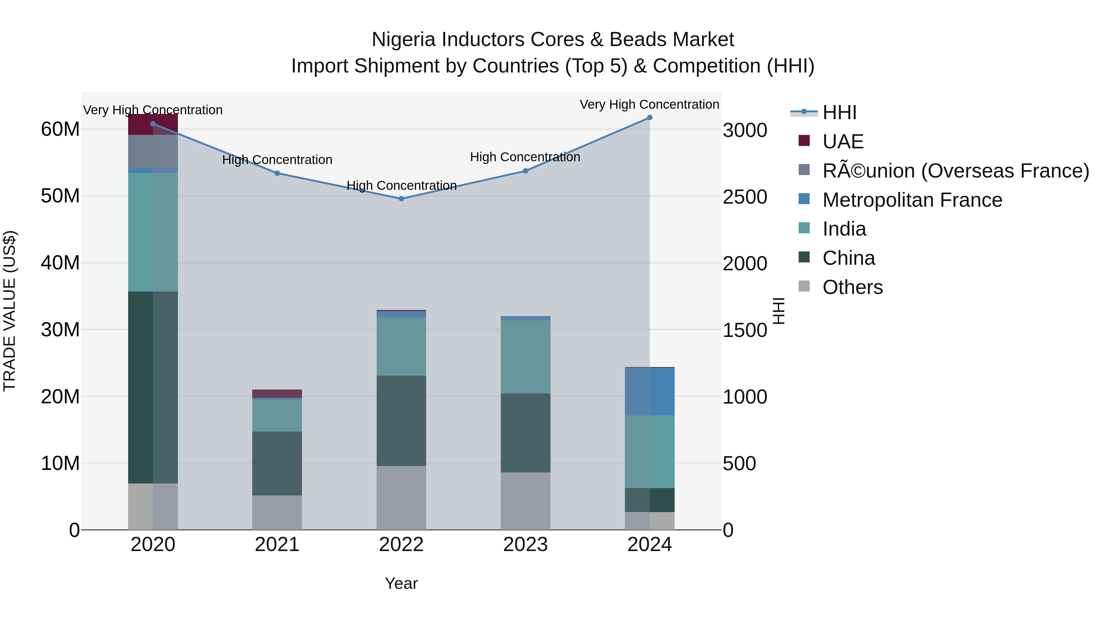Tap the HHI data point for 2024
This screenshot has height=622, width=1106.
coord(649,118)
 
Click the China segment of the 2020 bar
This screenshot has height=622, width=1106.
coord(153,387)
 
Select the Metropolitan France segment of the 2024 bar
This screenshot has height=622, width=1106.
coord(649,392)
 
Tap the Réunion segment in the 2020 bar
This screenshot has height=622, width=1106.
coord(153,151)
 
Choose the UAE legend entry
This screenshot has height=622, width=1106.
coord(842,142)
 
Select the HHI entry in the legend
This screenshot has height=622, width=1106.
coord(839,112)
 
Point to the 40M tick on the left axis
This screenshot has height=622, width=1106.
coord(60,263)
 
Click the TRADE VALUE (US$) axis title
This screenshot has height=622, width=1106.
coord(10,311)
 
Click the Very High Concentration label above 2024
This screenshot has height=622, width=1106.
coord(649,104)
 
